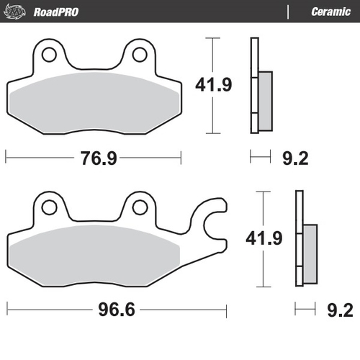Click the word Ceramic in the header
click(x=330, y=12)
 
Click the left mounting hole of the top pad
click(x=50, y=55)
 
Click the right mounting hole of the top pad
click(x=139, y=55)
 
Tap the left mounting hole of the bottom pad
click(x=50, y=207)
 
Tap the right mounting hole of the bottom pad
click(x=139, y=207)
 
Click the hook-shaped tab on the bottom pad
click(x=215, y=219)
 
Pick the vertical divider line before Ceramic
click(x=288, y=12)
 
